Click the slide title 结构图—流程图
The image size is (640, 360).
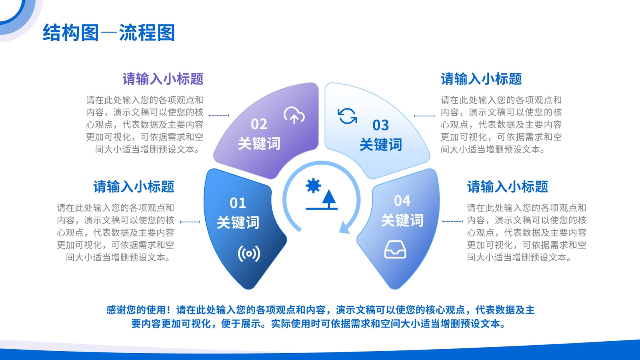tap(108, 32)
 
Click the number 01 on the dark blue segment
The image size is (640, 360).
tap(238, 203)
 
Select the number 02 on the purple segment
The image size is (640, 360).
tap(259, 124)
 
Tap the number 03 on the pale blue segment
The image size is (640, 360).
tap(380, 125)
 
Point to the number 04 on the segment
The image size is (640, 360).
tap(402, 201)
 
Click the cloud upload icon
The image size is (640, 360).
tap(294, 116)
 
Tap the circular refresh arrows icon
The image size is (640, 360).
tap(347, 116)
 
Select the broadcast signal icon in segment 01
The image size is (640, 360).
tap(249, 254)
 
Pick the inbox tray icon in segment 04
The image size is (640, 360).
tap(395, 250)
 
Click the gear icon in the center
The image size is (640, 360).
tap(313, 186)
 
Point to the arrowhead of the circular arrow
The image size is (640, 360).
tap(344, 228)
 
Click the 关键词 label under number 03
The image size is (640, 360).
tap(380, 144)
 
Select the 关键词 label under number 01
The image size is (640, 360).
tap(238, 222)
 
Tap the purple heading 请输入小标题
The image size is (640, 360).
tap(163, 79)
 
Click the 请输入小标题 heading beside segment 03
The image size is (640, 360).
tap(481, 79)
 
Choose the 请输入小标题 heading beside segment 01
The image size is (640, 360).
tap(134, 187)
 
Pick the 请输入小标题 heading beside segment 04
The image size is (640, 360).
tap(508, 187)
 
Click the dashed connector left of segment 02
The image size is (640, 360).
tap(219, 116)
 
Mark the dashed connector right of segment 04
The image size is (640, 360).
tap(452, 222)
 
